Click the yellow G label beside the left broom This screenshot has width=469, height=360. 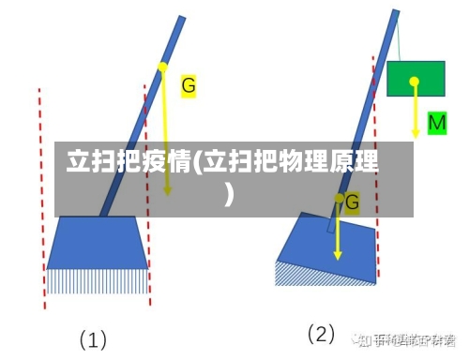point(189,85)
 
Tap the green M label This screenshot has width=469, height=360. point(437,123)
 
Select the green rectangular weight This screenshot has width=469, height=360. point(416,80)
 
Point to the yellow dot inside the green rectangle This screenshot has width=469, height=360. point(414,82)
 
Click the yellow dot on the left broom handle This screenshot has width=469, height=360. point(162,67)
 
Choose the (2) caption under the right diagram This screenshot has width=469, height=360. point(322,334)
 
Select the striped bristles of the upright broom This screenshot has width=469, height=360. point(98,279)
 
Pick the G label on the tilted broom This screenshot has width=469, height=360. point(353,202)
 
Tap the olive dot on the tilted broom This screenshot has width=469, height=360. point(339,199)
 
